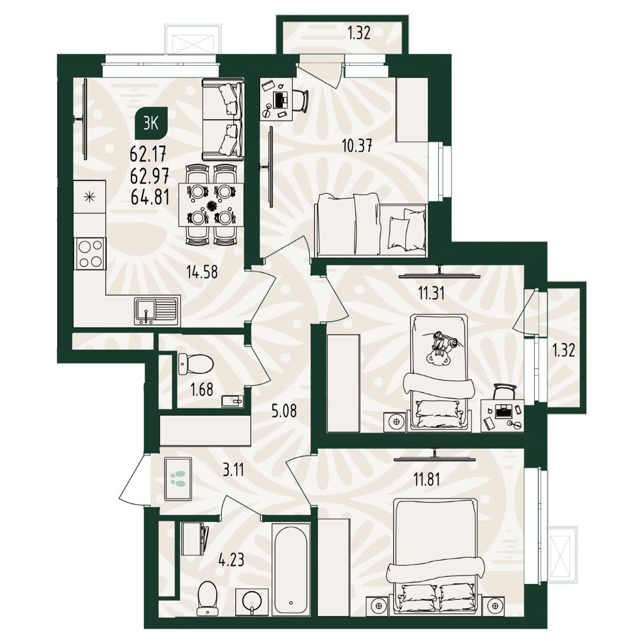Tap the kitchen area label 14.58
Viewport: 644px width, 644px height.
point(202,272)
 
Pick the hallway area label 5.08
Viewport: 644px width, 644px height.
point(284,411)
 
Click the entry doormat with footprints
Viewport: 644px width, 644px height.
point(178,479)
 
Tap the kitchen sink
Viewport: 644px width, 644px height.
point(156,311)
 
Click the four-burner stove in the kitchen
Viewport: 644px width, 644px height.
point(90,254)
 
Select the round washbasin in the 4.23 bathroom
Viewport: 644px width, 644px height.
point(252,583)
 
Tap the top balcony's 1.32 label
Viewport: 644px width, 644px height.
point(359,33)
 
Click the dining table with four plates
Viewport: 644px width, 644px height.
point(211,204)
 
